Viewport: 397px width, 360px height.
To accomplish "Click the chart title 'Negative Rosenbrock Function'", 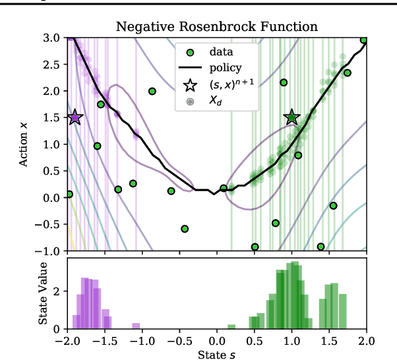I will (217, 27).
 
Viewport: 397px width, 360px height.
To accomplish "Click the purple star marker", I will (75, 117).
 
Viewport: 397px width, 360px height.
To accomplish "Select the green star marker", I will (291, 117).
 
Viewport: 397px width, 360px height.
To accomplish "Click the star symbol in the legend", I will (190, 84).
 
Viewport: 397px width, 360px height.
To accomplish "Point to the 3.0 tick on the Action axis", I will (51, 38).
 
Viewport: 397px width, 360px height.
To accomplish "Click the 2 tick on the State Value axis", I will (57, 291).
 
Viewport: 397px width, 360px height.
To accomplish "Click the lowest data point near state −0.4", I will (185, 229).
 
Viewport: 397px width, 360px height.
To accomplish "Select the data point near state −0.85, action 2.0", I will (152, 92).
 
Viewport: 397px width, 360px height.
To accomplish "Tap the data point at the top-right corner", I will (363, 40).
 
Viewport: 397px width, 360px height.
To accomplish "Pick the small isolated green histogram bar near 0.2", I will (231, 326).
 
